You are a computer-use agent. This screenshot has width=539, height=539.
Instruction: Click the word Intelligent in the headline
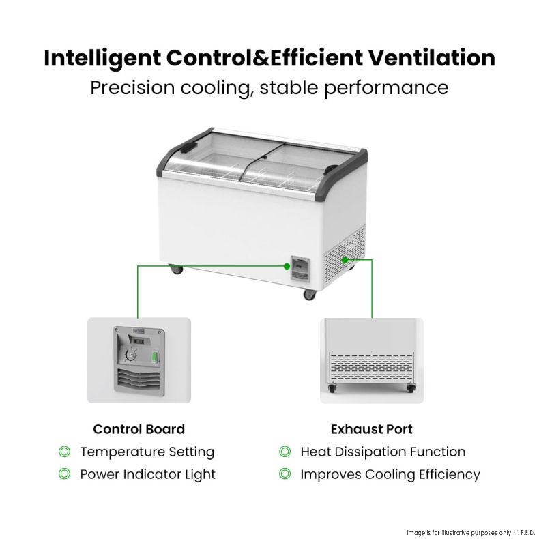point(102,59)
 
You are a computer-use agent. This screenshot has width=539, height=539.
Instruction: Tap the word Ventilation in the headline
point(432,57)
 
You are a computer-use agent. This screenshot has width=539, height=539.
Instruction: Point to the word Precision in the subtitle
point(132,87)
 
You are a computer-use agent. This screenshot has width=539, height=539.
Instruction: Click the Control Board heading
point(139,429)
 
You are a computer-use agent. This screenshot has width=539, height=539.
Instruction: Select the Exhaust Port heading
point(372,429)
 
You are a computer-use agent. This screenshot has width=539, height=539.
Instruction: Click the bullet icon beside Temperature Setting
point(64,452)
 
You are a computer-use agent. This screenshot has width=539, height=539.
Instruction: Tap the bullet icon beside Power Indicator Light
point(64,474)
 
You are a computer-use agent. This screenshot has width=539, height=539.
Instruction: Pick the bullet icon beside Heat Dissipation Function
point(285,452)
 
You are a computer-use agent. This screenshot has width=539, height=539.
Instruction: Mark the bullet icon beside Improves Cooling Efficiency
point(285,474)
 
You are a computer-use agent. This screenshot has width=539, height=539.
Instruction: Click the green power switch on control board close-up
point(155,356)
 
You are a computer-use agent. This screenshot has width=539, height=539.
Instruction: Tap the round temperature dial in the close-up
point(130,355)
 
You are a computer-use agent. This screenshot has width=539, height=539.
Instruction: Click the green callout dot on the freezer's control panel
point(287,265)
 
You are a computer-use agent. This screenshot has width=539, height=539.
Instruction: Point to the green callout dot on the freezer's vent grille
point(345,259)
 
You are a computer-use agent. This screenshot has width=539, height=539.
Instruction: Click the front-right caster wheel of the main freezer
point(309,295)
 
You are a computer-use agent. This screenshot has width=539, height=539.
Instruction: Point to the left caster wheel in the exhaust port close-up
point(332,388)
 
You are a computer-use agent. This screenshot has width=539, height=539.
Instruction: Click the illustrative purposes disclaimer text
point(458,533)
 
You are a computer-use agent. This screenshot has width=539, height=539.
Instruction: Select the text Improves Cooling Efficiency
point(390,474)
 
